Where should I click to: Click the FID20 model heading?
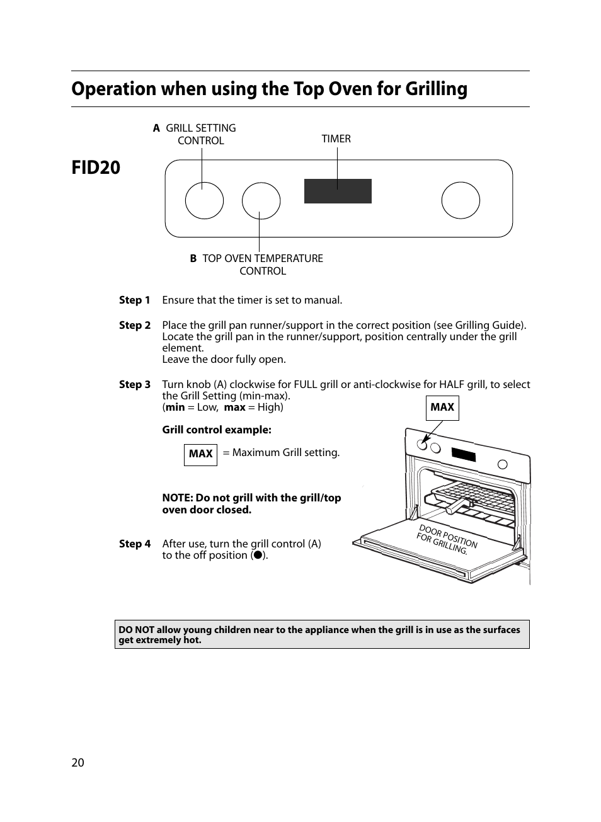point(96,168)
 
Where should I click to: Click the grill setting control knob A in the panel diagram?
point(204,200)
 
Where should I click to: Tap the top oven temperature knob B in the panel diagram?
point(261,201)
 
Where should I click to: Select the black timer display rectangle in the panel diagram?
point(338,191)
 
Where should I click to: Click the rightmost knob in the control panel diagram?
point(461,200)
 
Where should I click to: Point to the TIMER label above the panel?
point(336,139)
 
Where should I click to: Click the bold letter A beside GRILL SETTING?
point(156,128)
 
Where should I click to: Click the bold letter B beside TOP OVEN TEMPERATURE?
point(193,259)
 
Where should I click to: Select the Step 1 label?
point(135,300)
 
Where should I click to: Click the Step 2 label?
point(135,326)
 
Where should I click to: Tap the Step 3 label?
point(135,385)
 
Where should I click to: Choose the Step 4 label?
point(135,544)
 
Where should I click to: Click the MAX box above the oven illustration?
point(442,408)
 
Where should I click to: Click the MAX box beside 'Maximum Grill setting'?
point(200,454)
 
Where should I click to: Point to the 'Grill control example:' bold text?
point(217,430)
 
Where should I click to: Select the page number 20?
point(77,763)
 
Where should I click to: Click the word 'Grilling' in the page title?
point(436,89)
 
